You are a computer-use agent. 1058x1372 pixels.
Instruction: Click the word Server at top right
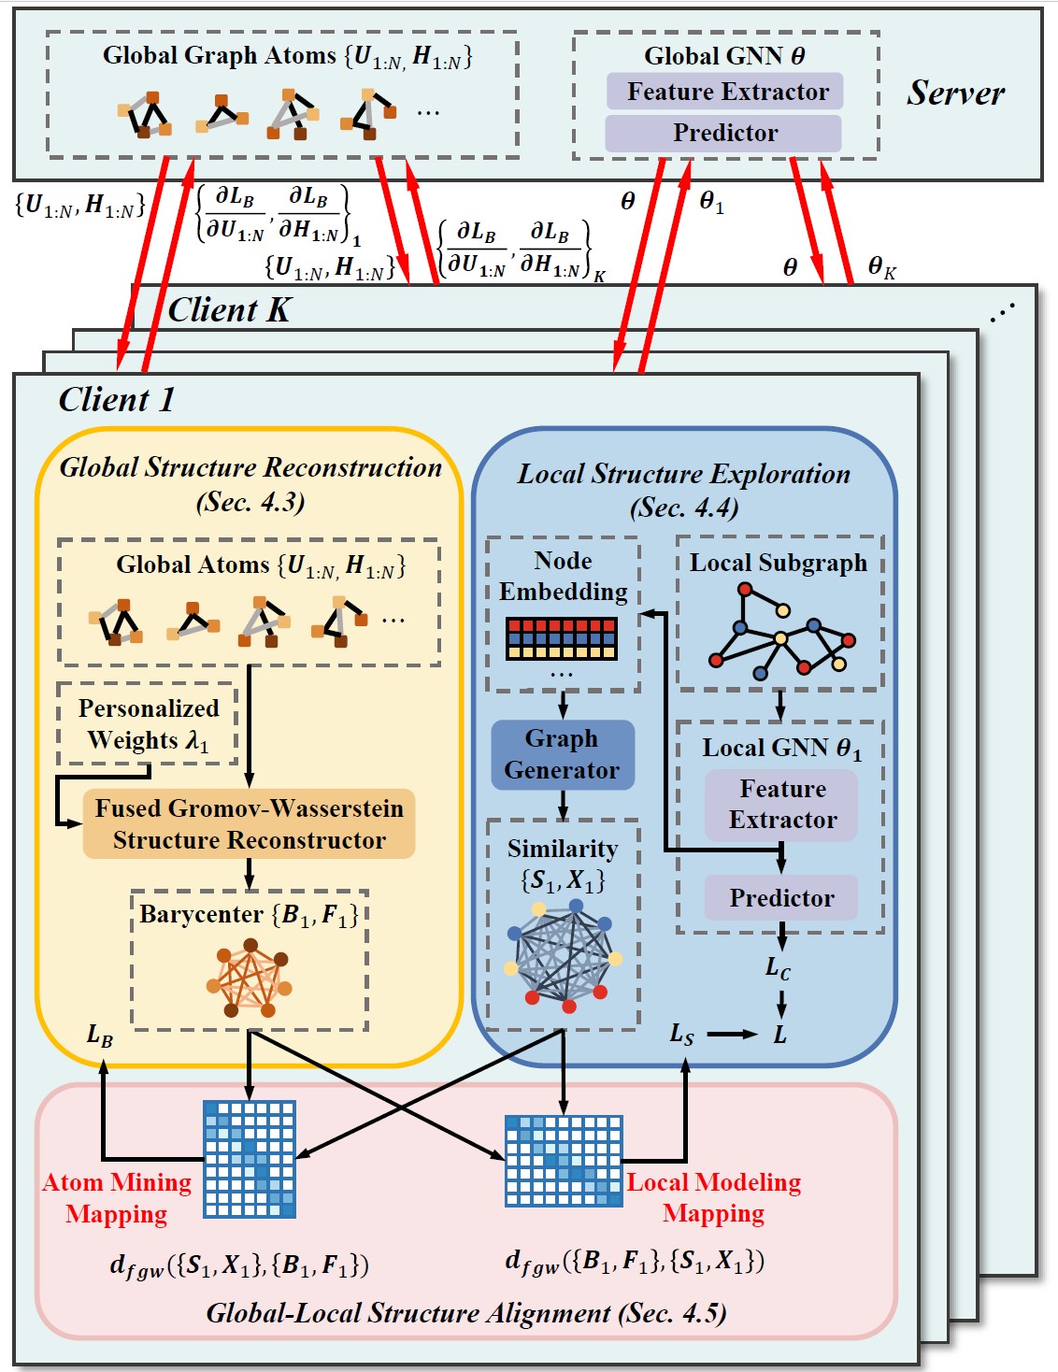[x=955, y=93]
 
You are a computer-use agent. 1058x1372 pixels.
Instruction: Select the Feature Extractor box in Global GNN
[x=725, y=92]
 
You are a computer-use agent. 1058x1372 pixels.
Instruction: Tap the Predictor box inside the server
[x=724, y=133]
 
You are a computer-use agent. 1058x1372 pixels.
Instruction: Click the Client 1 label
[x=117, y=400]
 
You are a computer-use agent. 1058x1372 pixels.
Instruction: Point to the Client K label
[x=229, y=309]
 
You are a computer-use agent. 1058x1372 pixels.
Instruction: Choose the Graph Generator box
[x=562, y=754]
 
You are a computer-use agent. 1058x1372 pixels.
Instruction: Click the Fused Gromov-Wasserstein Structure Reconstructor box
[x=249, y=823]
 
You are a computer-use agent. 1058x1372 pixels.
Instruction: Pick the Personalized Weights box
[x=148, y=724]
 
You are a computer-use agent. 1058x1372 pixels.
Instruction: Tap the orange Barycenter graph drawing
[x=250, y=980]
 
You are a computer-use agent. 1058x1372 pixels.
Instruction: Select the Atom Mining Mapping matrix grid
[x=250, y=1159]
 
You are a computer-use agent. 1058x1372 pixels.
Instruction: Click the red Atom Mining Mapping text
[x=117, y=1197]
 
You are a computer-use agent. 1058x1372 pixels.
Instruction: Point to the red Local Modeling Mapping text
[x=713, y=1197]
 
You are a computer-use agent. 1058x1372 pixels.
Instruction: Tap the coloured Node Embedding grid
[x=561, y=638]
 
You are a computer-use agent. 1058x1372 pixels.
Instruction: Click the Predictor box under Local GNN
[x=781, y=897]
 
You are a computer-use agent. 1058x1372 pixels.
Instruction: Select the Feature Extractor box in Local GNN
[x=781, y=805]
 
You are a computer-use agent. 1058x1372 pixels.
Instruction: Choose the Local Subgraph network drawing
[x=780, y=631]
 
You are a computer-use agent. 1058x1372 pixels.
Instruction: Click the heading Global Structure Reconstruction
[x=250, y=467]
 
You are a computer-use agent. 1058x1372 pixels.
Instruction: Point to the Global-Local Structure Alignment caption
[x=465, y=1313]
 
